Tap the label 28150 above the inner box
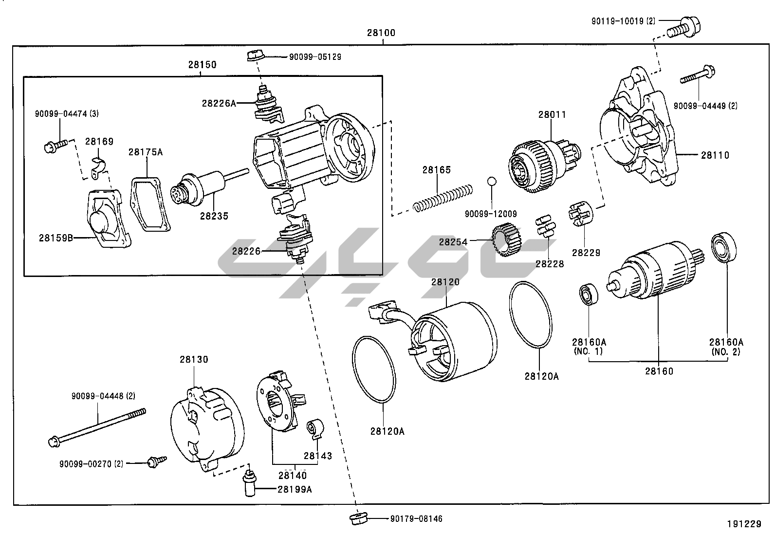pyautogui.click(x=203, y=65)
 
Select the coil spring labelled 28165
pyautogui.click(x=443, y=198)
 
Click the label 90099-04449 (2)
pyautogui.click(x=705, y=106)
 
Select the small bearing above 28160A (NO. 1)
pyautogui.click(x=589, y=294)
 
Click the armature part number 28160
pyautogui.click(x=659, y=371)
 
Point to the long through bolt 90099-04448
pyautogui.click(x=97, y=426)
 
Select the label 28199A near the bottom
pyautogui.click(x=295, y=489)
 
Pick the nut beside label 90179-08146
pyautogui.click(x=358, y=518)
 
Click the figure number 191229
pyautogui.click(x=744, y=524)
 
